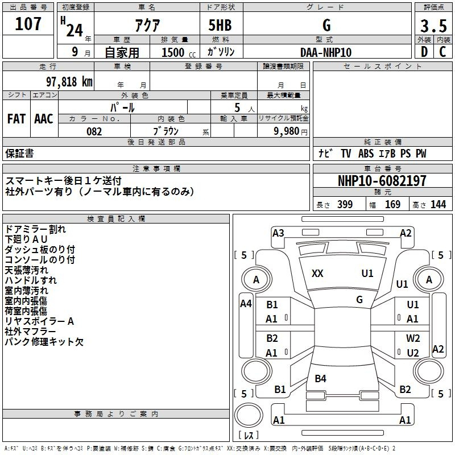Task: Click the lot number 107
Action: [28, 24]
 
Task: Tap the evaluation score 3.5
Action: [433, 26]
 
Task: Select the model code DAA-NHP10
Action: [326, 52]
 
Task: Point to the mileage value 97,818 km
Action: [69, 82]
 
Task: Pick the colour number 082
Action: [94, 131]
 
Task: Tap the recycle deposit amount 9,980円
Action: [290, 131]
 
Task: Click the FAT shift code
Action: [16, 119]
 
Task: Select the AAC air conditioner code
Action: [44, 119]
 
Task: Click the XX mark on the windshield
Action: [317, 274]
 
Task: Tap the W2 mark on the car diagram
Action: [413, 338]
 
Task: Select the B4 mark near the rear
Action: [320, 378]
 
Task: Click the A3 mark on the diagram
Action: [278, 233]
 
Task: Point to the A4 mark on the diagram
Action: [246, 304]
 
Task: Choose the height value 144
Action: [438, 205]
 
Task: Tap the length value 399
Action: [345, 205]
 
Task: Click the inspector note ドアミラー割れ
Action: [35, 229]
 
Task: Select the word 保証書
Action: [19, 154]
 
